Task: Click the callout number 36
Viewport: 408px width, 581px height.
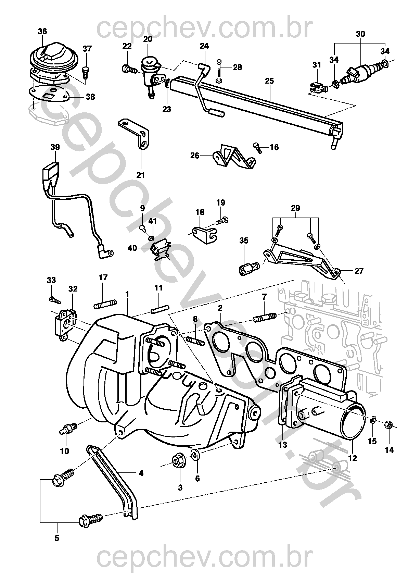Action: [x=42, y=32]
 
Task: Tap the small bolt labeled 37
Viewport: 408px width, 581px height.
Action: [x=85, y=73]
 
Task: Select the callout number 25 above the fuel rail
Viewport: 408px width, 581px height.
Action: [x=269, y=81]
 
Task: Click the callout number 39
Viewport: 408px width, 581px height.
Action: [x=55, y=147]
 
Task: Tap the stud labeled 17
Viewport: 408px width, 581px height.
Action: [x=105, y=303]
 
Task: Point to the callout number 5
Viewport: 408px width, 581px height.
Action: [x=57, y=538]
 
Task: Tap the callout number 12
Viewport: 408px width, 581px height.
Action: [x=353, y=458]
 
